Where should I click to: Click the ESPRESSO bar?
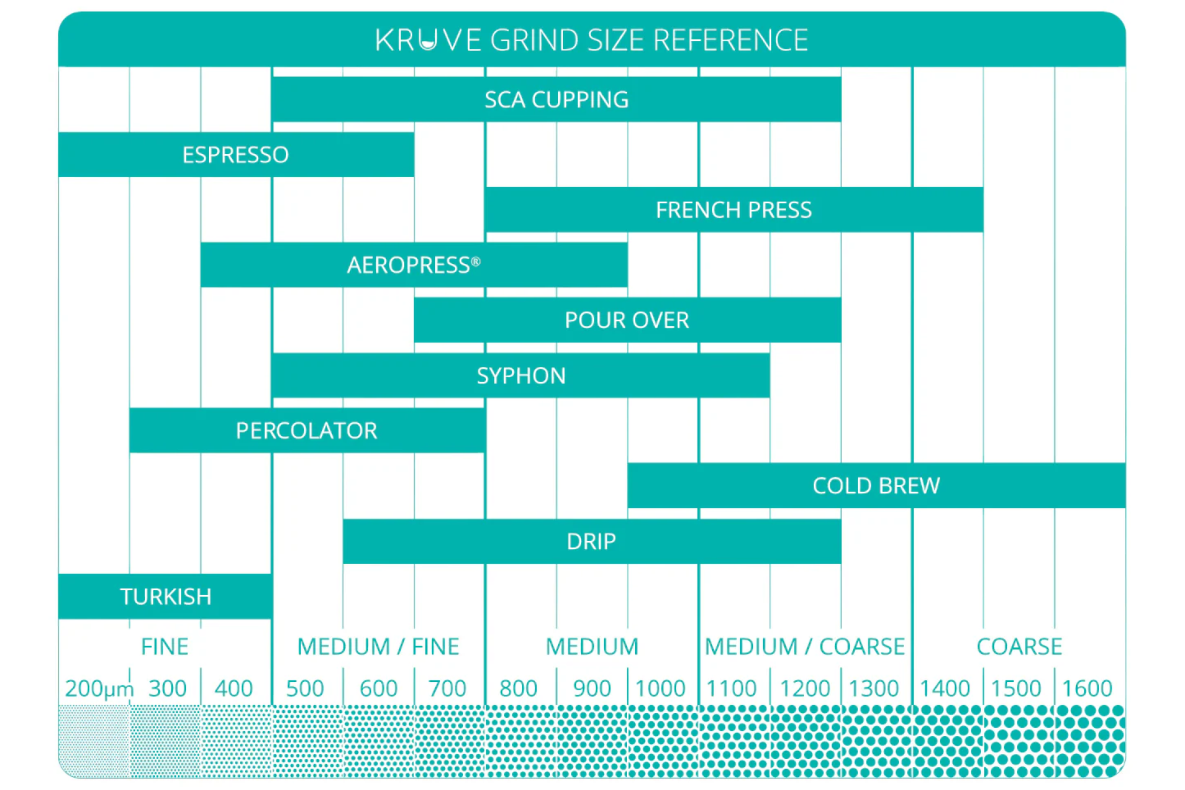pyautogui.click(x=236, y=155)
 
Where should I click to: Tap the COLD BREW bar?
pyautogui.click(x=876, y=486)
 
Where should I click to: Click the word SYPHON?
pyautogui.click(x=521, y=376)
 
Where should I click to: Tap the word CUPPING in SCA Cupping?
pyautogui.click(x=580, y=100)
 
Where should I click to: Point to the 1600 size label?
pyautogui.click(x=1087, y=688)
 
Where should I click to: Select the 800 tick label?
pyautogui.click(x=518, y=688)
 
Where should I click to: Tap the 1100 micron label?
pyautogui.click(x=731, y=688)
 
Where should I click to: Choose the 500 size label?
pyautogui.click(x=305, y=688)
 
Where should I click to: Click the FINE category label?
pyautogui.click(x=165, y=646)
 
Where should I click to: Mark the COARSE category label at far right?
pyautogui.click(x=1019, y=646)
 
